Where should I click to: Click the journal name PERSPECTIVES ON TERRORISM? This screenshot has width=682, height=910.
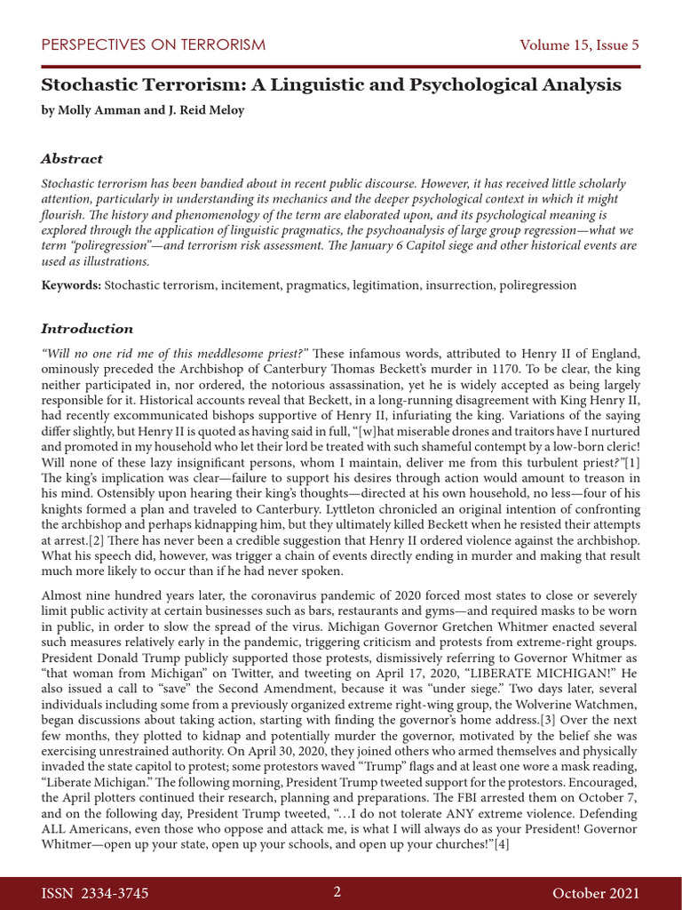click(153, 44)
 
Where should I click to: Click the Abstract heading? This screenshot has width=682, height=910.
click(72, 159)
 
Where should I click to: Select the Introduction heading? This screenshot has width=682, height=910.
click(87, 329)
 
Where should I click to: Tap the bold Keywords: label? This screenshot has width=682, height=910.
click(71, 285)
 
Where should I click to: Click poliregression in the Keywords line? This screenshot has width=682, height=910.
click(535, 285)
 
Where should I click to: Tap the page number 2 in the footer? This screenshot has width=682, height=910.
click(337, 891)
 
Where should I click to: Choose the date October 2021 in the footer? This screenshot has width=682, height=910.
click(595, 892)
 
